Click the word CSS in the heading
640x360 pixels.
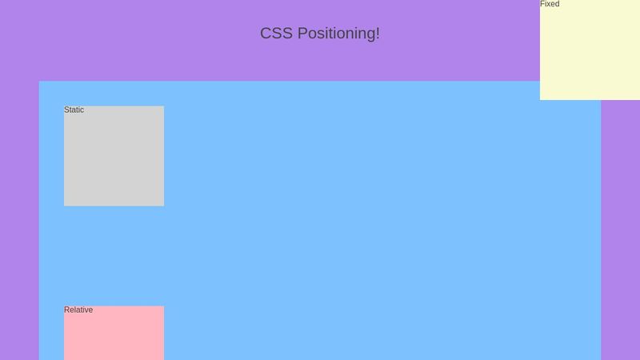pyautogui.click(x=276, y=34)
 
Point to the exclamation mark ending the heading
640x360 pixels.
pyautogui.click(x=378, y=33)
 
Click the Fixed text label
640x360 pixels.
pyautogui.click(x=550, y=4)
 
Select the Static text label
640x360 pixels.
pyautogui.click(x=74, y=110)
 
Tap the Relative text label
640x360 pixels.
pyautogui.click(x=78, y=310)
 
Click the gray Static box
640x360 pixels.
pyautogui.click(x=114, y=160)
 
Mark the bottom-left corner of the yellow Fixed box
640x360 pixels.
pyautogui.click(x=540, y=99)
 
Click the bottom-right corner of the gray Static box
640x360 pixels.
pyautogui.click(x=163, y=206)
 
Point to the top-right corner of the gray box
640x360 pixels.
pyautogui.click(x=163, y=106)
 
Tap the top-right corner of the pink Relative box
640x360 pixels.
pyautogui.click(x=163, y=306)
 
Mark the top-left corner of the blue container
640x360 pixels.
pyautogui.click(x=39, y=82)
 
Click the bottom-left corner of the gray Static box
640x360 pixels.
pyautogui.click(x=64, y=206)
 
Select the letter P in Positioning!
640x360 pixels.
pyautogui.click(x=302, y=34)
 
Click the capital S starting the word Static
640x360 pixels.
pyautogui.click(x=66, y=110)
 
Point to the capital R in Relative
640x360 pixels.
pyautogui.click(x=67, y=310)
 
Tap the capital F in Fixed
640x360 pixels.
pyautogui.click(x=542, y=4)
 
